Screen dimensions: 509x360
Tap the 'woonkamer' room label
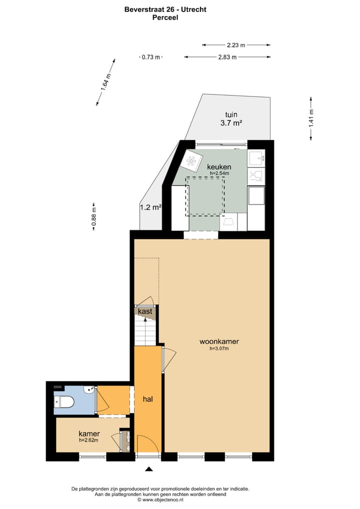[x=219, y=342]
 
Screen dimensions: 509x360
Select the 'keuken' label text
[x=219, y=166]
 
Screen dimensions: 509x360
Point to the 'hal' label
[x=147, y=399]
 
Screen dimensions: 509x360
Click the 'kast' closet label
[x=145, y=311]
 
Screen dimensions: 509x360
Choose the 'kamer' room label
[x=89, y=433]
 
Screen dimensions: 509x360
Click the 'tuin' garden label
[x=231, y=114]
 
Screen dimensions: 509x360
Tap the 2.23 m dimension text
[x=236, y=45]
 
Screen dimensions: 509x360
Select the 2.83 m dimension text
[x=227, y=57]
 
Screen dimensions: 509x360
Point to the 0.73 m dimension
[x=150, y=57]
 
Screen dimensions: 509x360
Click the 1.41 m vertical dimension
[x=311, y=118]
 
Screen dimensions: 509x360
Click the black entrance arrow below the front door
[x=148, y=468]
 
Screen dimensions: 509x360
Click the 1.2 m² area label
[x=150, y=207]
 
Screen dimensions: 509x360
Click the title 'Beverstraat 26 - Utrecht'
[x=165, y=9]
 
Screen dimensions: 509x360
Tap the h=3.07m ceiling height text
[x=219, y=349]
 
